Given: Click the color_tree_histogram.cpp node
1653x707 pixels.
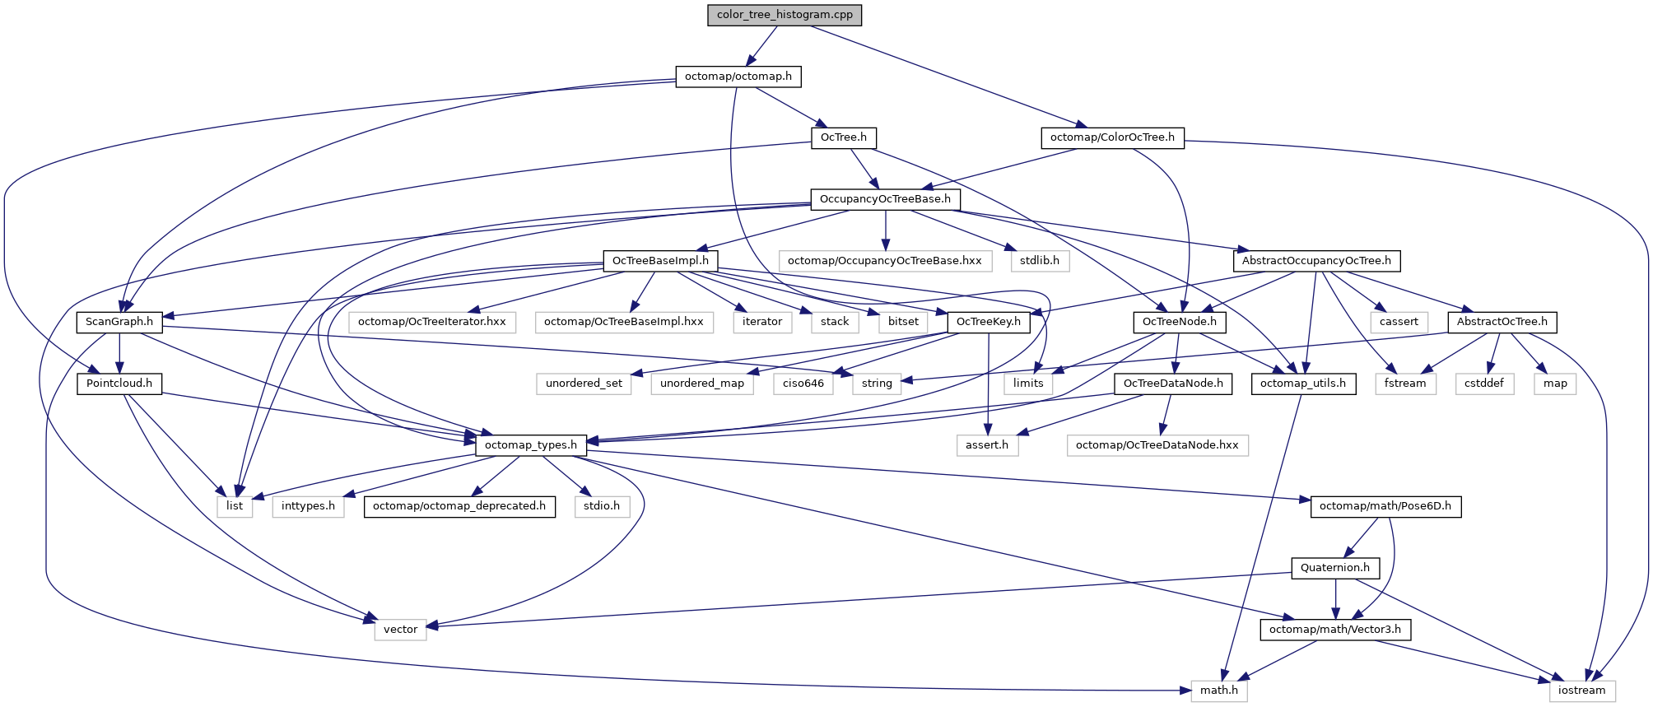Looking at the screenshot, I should [x=785, y=15].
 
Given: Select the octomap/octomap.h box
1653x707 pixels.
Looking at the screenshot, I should [x=738, y=77].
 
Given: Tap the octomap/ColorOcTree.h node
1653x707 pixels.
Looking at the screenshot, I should [x=1112, y=137].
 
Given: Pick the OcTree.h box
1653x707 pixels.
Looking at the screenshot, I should [x=844, y=137].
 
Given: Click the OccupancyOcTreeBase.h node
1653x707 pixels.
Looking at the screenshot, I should [x=885, y=199].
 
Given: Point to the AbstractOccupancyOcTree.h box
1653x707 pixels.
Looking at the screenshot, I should [x=1316, y=261].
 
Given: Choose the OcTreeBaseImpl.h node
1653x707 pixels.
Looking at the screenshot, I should [x=660, y=261].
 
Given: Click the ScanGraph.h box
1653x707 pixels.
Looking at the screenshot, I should [x=119, y=322].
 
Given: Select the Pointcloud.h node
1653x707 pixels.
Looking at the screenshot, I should [x=119, y=384].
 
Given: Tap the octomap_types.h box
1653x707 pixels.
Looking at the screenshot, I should [x=531, y=445].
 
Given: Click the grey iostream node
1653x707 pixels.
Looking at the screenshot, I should [x=1581, y=691].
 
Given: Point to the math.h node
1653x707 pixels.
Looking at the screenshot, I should [x=1218, y=691].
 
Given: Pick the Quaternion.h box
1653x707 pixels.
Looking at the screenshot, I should [x=1334, y=568].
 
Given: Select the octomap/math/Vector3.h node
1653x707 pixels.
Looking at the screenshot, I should [x=1334, y=630].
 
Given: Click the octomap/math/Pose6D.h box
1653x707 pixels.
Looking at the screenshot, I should [x=1385, y=506].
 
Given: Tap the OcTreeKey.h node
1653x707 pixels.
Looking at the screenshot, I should [x=988, y=322].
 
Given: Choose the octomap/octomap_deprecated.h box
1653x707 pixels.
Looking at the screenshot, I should [x=459, y=506].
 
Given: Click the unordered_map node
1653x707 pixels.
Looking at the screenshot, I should [x=702, y=384].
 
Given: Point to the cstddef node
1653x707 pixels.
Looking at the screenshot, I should [x=1484, y=384].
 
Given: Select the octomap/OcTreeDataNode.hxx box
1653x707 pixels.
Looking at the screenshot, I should [x=1157, y=445].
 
